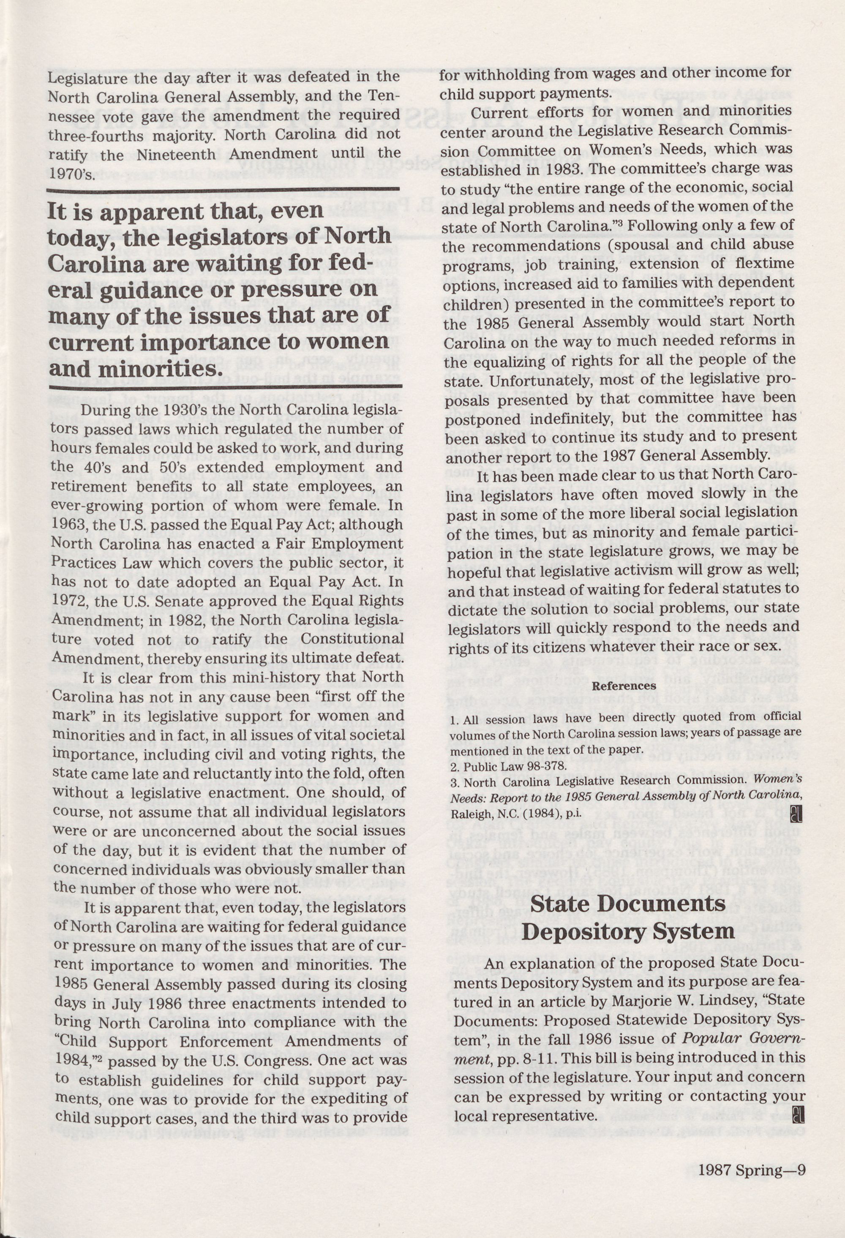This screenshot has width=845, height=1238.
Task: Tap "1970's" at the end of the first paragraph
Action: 71,174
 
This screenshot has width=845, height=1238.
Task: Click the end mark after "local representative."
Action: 800,1099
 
